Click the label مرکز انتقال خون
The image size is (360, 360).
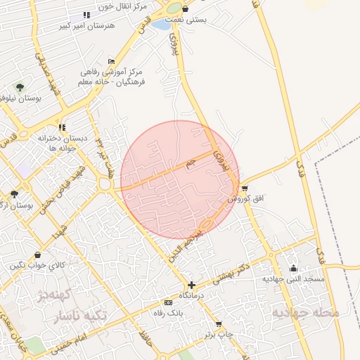pos(106,6)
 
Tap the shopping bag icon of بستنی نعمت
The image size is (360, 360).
pos(185,9)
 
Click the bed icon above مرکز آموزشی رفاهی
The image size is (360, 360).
pos(111,61)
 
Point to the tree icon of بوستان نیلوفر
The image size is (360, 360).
pos(20,87)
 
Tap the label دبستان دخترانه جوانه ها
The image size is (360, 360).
pos(63,143)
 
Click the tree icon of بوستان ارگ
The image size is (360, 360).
pos(14,194)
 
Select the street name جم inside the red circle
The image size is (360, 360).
pos(188,164)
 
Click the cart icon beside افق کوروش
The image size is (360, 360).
pos(244,188)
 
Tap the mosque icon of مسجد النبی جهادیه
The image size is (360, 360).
pos(293,268)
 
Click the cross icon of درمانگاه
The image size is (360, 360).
pos(191,285)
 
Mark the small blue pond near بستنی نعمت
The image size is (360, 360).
pos(161,25)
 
